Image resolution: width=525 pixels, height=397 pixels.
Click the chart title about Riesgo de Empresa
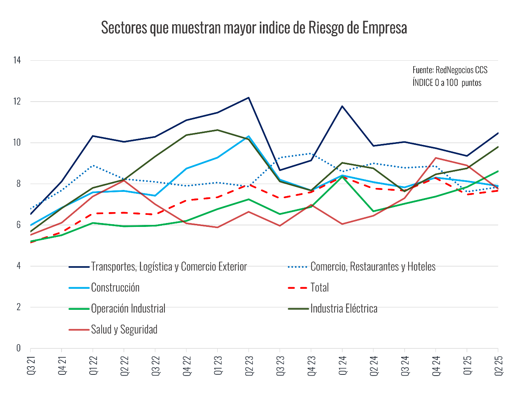(254, 28)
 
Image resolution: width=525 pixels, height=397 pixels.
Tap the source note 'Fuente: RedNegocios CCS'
(450, 70)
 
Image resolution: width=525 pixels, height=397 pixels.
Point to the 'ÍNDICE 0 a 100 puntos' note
(447, 83)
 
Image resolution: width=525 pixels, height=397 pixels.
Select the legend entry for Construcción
(115, 288)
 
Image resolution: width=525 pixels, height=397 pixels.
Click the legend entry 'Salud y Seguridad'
(124, 330)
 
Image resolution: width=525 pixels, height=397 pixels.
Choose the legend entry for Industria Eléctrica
(344, 309)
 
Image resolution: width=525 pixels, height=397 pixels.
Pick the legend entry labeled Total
(319, 288)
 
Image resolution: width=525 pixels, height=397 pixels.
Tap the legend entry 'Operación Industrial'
(128, 309)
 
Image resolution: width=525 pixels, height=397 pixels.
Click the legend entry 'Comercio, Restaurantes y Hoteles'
(373, 267)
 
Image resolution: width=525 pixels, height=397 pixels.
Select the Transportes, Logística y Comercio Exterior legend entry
(169, 267)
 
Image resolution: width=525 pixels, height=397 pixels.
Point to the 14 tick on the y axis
(17, 60)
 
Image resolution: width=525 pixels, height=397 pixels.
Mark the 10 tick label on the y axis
(17, 142)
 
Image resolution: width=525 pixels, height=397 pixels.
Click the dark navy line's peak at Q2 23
(249, 98)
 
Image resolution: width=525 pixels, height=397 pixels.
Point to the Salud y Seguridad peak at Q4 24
(436, 158)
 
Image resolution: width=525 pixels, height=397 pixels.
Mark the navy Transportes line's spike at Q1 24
(342, 106)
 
